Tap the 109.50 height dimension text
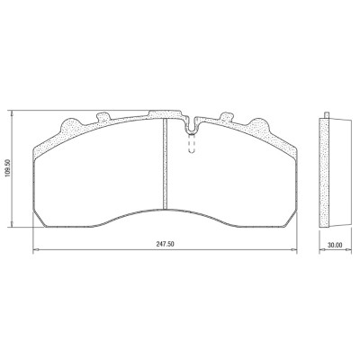[x=8, y=167]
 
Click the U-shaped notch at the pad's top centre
[x=190, y=126]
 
